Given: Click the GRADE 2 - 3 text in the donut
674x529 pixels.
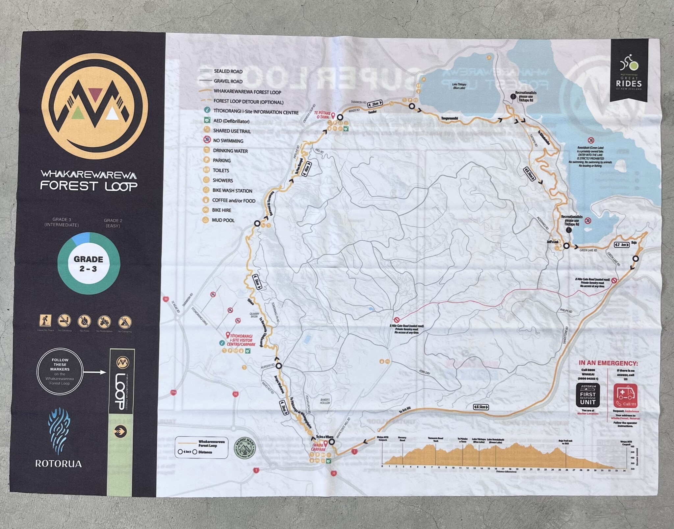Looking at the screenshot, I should (89, 264).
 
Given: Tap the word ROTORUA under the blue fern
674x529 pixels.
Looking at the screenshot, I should (58, 464).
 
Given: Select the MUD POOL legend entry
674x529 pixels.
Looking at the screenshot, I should (223, 220).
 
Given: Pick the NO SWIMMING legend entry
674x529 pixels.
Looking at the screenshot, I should (228, 141).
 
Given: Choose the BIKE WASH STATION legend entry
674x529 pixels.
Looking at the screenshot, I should (232, 190).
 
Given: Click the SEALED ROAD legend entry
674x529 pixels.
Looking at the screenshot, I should (228, 71).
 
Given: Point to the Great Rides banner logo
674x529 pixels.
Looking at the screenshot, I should (629, 75).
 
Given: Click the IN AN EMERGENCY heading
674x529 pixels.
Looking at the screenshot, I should (608, 363).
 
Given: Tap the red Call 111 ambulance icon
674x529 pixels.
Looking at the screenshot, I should (625, 396).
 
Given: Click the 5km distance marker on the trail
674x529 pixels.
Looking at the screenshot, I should (257, 282).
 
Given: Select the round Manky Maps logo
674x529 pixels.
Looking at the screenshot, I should (245, 449).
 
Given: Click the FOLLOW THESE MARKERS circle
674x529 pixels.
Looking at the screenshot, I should (60, 371).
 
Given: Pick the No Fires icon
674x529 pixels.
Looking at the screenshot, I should (84, 322).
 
